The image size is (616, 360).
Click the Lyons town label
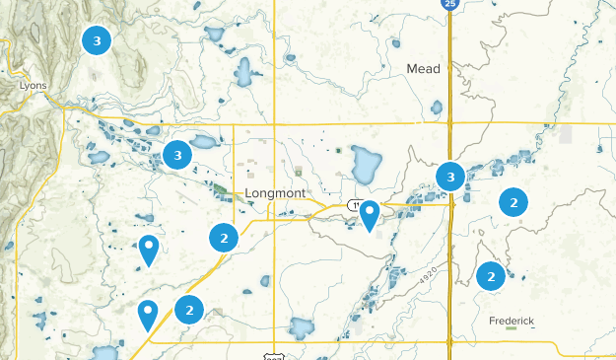pyautogui.click(x=33, y=86)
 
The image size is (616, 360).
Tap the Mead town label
pyautogui.click(x=424, y=69)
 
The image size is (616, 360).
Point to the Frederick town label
pyautogui.click(x=512, y=322)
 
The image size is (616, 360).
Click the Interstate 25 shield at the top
pyautogui.click(x=449, y=5)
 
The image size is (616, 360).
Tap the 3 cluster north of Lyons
pyautogui.click(x=96, y=40)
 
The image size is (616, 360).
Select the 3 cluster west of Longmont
pyautogui.click(x=177, y=155)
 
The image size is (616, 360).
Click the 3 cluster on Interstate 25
pyautogui.click(x=450, y=178)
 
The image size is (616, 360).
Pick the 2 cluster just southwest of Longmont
pyautogui.click(x=224, y=238)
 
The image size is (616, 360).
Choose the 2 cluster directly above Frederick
pyautogui.click(x=491, y=277)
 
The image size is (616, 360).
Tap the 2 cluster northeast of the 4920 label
pyautogui.click(x=513, y=202)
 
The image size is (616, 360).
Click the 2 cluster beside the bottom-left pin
pyautogui.click(x=188, y=310)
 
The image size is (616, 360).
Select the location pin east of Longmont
pyautogui.click(x=370, y=213)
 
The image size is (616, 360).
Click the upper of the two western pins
pyautogui.click(x=149, y=249)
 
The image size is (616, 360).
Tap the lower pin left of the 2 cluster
pyautogui.click(x=148, y=314)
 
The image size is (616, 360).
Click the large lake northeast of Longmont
pyautogui.click(x=366, y=164)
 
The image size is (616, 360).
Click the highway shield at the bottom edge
pyautogui.click(x=274, y=355)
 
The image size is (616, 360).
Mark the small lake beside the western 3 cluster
pyautogui.click(x=204, y=142)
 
